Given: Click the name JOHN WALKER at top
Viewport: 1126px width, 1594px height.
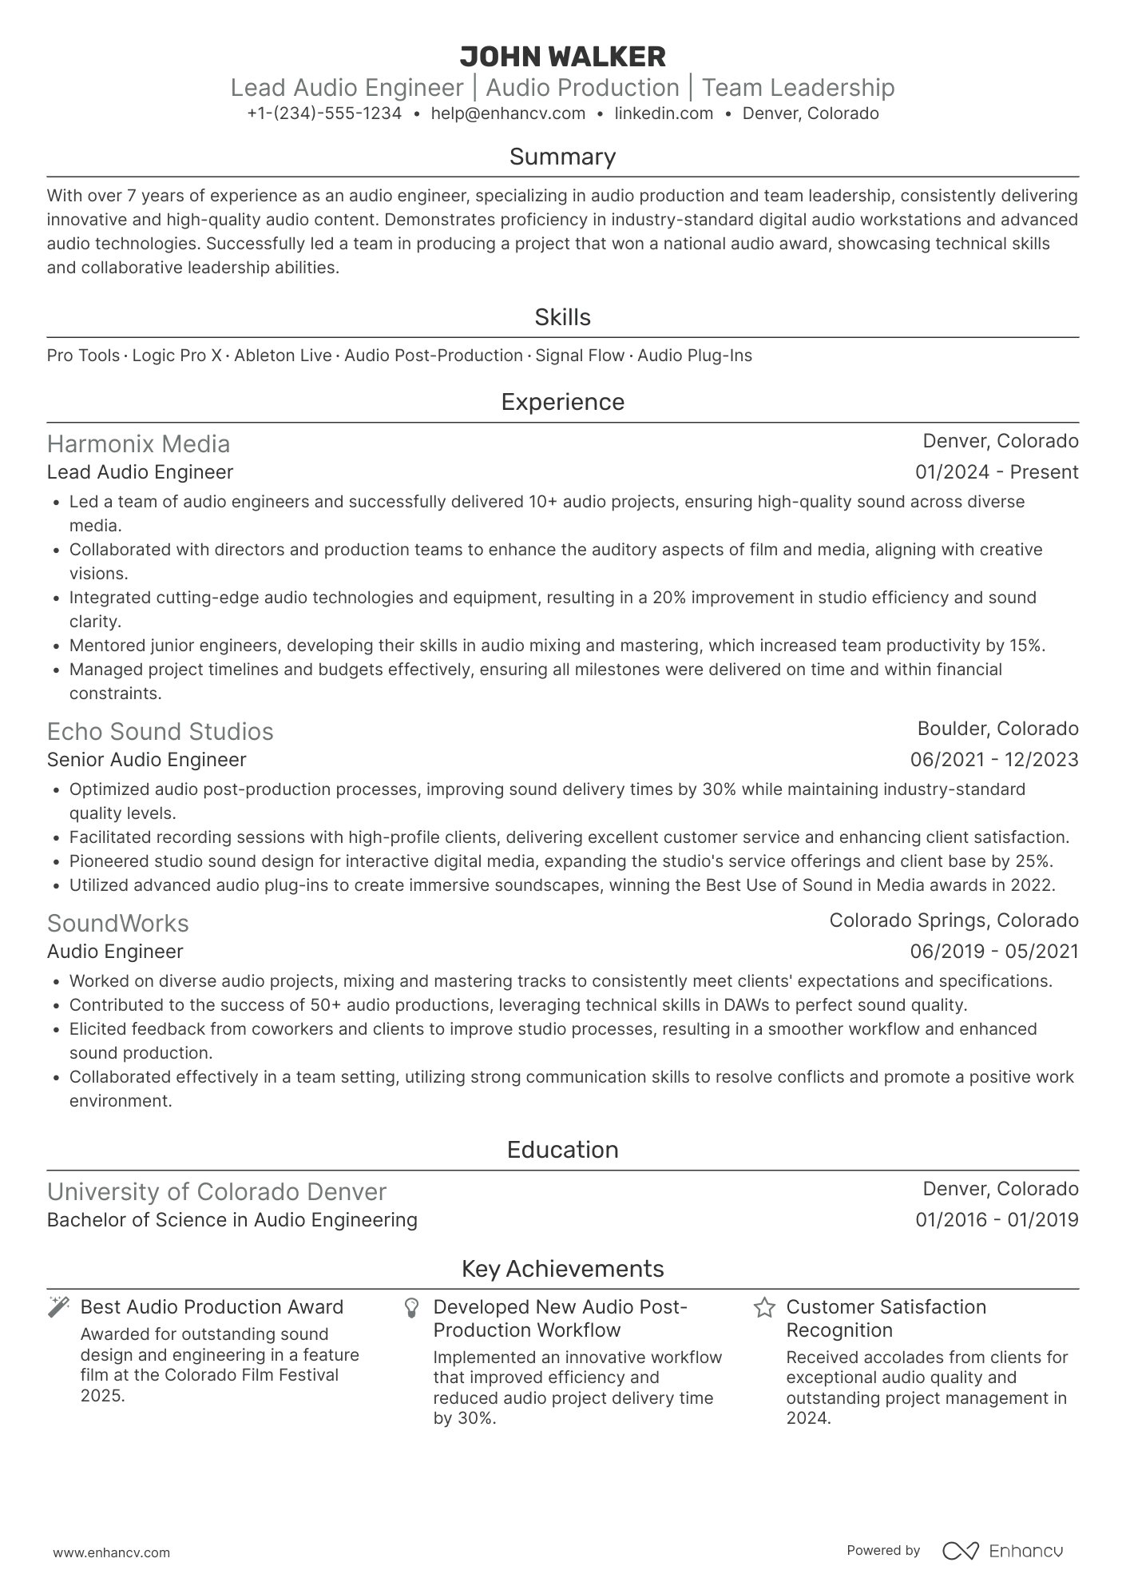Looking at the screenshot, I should [562, 57].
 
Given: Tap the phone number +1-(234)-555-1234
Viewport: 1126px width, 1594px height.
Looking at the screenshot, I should [324, 113].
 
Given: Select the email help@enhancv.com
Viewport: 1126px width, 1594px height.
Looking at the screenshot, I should [508, 113].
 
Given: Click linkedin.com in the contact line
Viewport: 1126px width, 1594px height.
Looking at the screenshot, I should [664, 113].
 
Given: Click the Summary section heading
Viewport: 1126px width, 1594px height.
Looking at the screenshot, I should [562, 157].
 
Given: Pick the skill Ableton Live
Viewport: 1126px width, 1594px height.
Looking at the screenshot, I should [283, 356].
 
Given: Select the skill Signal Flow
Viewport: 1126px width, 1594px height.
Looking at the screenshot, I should [580, 356].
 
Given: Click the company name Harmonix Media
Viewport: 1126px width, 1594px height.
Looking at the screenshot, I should [138, 444].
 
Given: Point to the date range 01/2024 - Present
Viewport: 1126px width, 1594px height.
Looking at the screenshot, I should [997, 472].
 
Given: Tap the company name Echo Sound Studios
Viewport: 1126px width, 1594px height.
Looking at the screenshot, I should [160, 732].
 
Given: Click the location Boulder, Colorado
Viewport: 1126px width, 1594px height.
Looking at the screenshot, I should [997, 729].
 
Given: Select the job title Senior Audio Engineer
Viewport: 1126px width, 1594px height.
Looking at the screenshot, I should [146, 760].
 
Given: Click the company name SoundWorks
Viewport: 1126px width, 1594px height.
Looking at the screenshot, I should [117, 924].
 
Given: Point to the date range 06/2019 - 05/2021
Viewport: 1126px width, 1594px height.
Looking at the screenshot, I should [994, 952].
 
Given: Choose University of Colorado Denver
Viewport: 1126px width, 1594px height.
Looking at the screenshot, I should [216, 1192].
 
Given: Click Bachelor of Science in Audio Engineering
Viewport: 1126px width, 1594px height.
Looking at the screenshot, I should [232, 1220].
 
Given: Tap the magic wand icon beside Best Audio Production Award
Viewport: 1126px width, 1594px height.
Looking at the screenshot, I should [58, 1308].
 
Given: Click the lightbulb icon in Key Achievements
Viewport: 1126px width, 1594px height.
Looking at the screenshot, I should [411, 1308].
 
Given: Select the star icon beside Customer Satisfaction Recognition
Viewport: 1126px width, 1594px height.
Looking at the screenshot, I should [764, 1308].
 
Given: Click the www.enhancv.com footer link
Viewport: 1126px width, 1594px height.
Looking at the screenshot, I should [111, 1552].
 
